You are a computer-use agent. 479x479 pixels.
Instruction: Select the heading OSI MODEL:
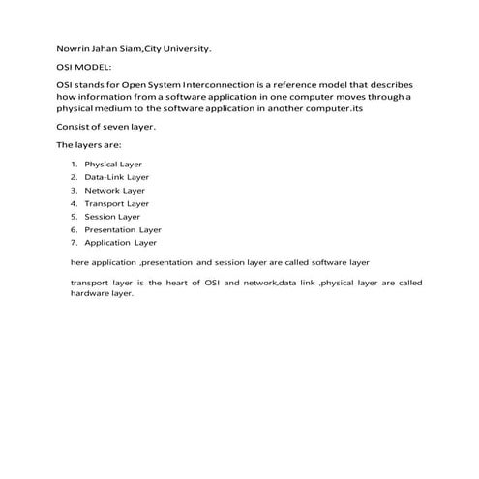pos(85,68)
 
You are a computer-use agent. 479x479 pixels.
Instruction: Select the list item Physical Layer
pos(114,165)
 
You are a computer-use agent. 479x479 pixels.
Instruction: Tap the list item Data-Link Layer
pos(117,178)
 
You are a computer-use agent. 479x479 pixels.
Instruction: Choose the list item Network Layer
pos(114,191)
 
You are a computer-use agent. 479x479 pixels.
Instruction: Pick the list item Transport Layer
pos(117,204)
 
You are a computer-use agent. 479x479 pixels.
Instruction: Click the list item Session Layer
pos(112,217)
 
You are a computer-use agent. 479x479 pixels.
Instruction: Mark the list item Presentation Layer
pos(123,230)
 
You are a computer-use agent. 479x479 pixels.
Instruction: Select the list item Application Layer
pos(121,243)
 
